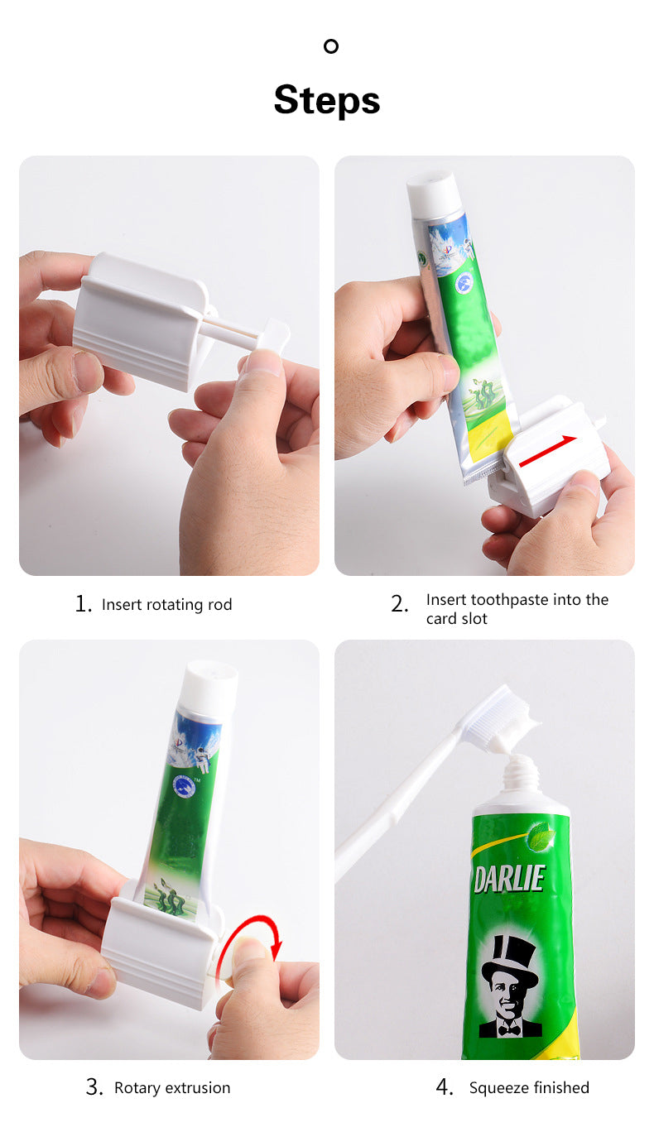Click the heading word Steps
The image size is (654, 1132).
click(326, 101)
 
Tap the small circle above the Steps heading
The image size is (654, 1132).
click(331, 46)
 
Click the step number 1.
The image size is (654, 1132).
click(83, 603)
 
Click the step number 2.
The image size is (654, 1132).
click(399, 604)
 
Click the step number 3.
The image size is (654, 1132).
click(94, 1087)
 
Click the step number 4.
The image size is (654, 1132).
click(445, 1087)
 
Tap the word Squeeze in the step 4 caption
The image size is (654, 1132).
click(499, 1088)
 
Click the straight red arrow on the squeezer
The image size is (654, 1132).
click(547, 450)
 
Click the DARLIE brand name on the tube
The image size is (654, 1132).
click(509, 880)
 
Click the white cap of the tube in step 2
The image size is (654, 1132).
click(433, 194)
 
